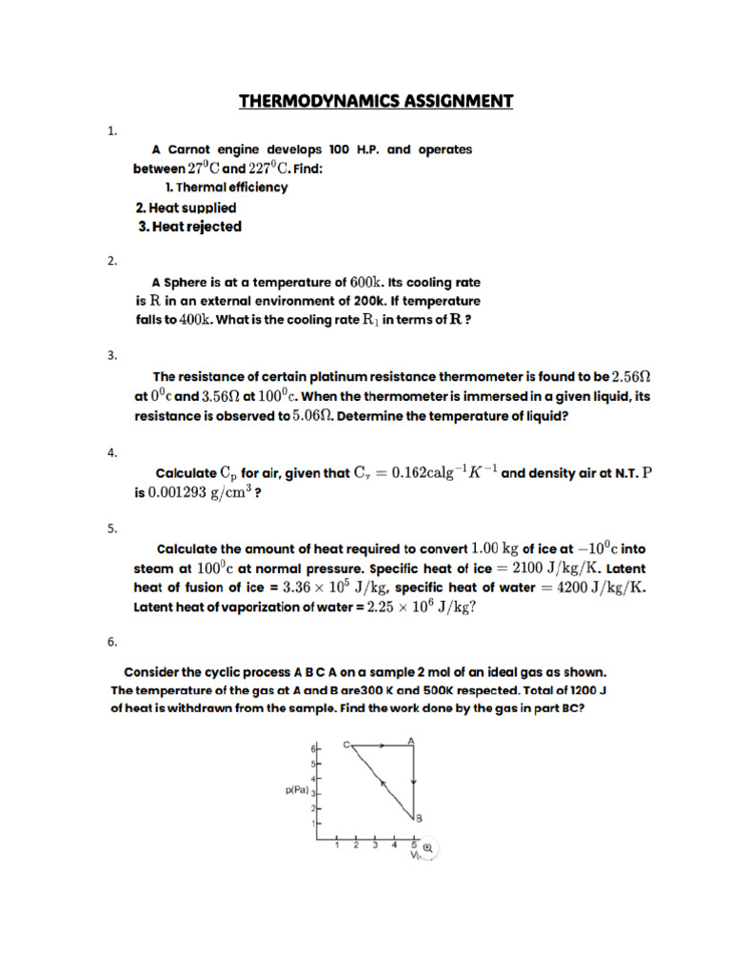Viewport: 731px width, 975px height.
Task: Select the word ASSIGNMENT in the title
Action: (x=455, y=101)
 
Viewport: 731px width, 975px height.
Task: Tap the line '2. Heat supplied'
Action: (x=186, y=207)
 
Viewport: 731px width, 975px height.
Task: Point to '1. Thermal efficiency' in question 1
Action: (x=227, y=188)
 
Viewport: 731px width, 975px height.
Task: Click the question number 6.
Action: (x=111, y=643)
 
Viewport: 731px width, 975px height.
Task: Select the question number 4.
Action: (x=111, y=453)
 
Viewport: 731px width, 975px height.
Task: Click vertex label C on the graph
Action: (x=346, y=744)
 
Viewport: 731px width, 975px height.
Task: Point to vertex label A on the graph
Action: (x=410, y=740)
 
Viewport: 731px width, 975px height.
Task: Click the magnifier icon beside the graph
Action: (x=428, y=848)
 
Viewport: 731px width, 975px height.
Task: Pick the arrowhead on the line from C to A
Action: (x=382, y=746)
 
